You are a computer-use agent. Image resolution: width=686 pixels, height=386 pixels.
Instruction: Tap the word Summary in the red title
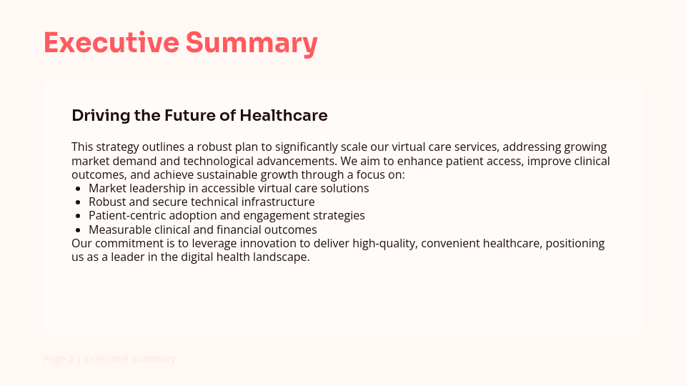click(x=252, y=43)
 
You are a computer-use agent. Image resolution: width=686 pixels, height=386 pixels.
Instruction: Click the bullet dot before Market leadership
click(x=78, y=189)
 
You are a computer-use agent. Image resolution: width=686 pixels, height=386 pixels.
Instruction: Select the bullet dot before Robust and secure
click(x=78, y=202)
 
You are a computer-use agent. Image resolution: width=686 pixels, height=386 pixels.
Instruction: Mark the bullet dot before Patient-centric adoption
click(x=78, y=216)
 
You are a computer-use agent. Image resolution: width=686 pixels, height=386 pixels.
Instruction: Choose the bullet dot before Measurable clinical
click(x=78, y=230)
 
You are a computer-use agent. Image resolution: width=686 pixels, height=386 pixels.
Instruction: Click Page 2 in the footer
click(x=59, y=359)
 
